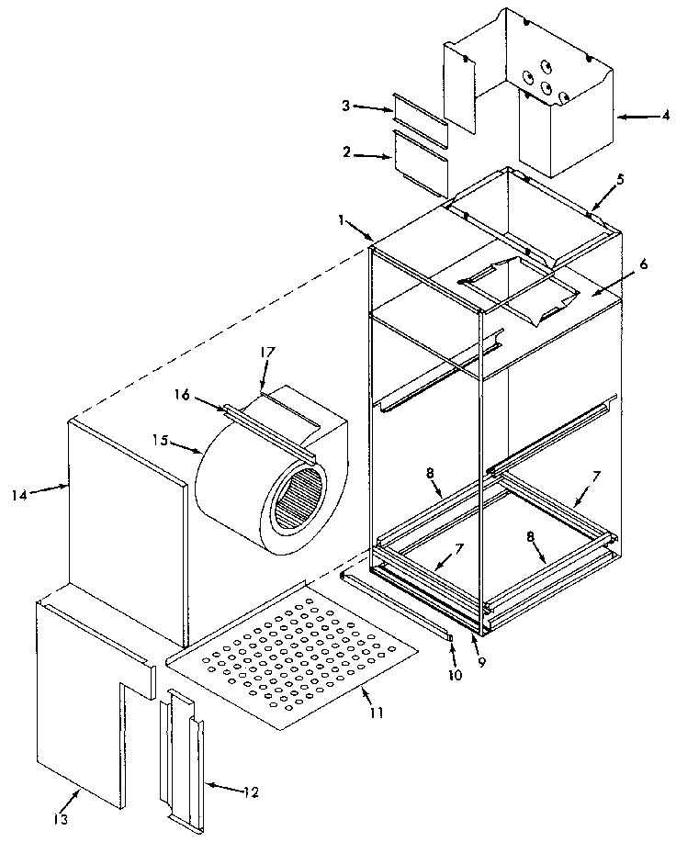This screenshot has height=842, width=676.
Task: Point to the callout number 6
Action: click(644, 264)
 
